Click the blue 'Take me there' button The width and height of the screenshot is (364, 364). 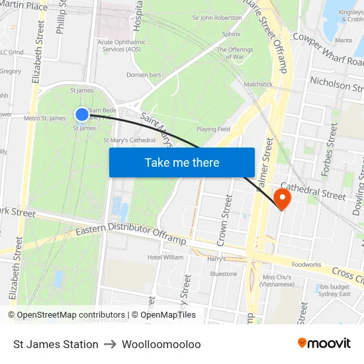click(x=181, y=162)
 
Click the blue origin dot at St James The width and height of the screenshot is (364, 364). click(x=82, y=114)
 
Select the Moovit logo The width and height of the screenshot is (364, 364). click(x=324, y=343)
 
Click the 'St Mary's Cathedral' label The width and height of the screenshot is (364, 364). click(x=130, y=140)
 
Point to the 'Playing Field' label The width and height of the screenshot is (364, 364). click(x=213, y=129)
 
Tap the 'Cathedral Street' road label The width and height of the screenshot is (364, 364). click(x=313, y=192)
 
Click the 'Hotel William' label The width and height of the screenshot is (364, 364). click(x=165, y=257)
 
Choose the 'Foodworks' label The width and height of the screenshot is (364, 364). click(x=306, y=265)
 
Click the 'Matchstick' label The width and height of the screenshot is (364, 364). click(x=258, y=85)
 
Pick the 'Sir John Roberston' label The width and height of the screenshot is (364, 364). click(x=216, y=18)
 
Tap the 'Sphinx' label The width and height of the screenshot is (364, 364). click(x=231, y=34)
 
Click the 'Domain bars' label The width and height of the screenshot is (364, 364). click(x=144, y=75)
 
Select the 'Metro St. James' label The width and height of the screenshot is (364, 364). click(x=44, y=118)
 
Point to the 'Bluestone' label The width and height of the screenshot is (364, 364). click(x=223, y=274)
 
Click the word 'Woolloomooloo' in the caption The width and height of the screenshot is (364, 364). click(x=161, y=344)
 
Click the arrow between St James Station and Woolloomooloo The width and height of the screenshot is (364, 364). click(x=110, y=344)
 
